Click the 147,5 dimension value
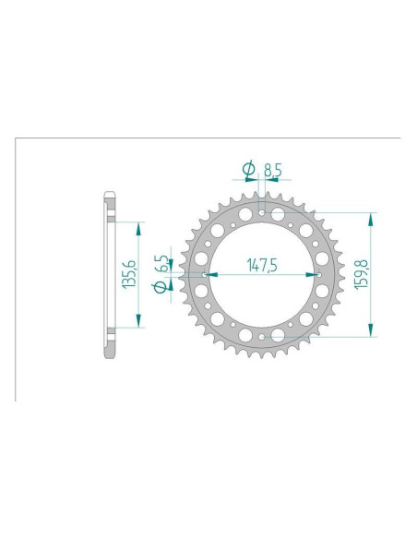[263, 264]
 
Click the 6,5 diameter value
[162, 263]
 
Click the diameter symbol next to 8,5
[247, 169]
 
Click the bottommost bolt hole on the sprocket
[263, 336]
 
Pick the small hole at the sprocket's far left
[205, 275]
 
